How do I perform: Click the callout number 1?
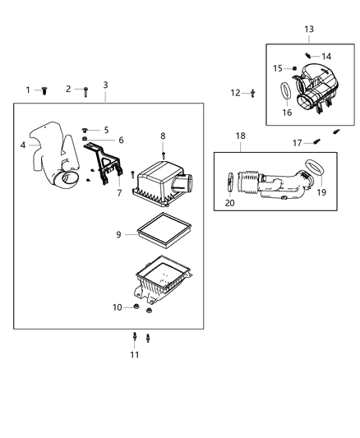coord(27,90)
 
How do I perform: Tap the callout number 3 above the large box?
coord(105,85)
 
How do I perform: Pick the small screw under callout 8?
coord(163,154)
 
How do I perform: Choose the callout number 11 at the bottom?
coord(134,355)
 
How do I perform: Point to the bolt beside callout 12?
coord(252,93)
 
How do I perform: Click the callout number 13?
coord(309,30)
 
